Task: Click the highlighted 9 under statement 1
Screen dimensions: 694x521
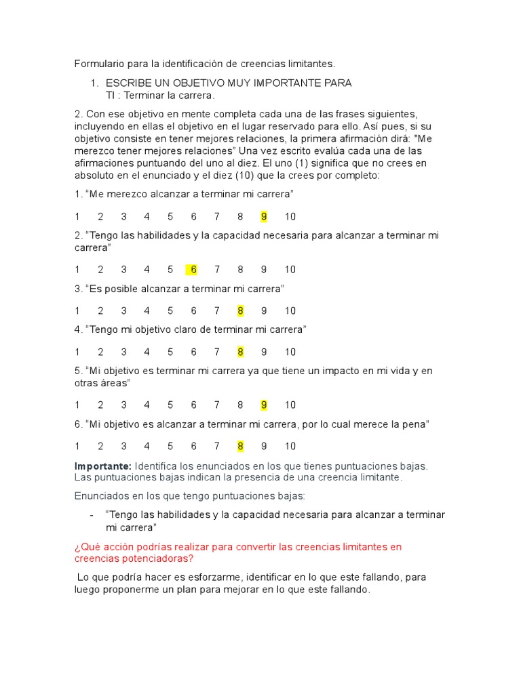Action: pyautogui.click(x=264, y=217)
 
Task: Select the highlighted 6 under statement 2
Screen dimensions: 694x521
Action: pyautogui.click(x=194, y=270)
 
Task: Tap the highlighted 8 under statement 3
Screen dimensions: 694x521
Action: pyautogui.click(x=240, y=311)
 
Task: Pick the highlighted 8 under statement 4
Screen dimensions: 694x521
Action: pyautogui.click(x=240, y=352)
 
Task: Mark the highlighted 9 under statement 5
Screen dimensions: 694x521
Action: pyautogui.click(x=264, y=405)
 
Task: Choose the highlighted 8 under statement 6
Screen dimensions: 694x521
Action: pyautogui.click(x=240, y=447)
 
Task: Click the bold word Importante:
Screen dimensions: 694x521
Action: pyautogui.click(x=103, y=466)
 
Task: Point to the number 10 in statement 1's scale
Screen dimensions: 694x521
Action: pyautogui.click(x=290, y=217)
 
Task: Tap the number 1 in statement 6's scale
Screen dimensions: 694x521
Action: pyautogui.click(x=77, y=447)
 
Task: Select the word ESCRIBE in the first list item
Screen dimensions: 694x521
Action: pyautogui.click(x=129, y=83)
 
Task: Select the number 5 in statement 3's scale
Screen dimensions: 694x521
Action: pyautogui.click(x=170, y=311)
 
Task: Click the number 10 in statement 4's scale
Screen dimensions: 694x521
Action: pyautogui.click(x=290, y=352)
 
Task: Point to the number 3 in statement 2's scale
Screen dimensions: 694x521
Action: pyautogui.click(x=123, y=270)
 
